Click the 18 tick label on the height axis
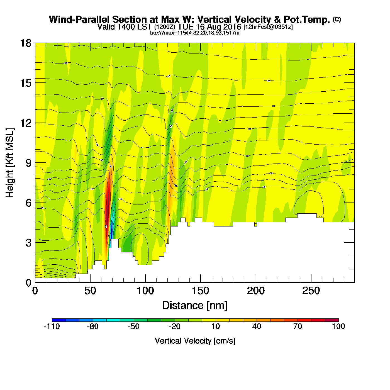[x=25, y=43]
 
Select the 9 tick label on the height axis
[x=28, y=163]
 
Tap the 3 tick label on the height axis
[x=28, y=243]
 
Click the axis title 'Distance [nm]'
[x=195, y=306]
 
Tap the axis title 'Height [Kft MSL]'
[x=10, y=163]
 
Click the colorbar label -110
[x=52, y=326]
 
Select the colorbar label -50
[x=134, y=326]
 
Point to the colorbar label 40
[x=257, y=326]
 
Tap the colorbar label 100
[x=338, y=326]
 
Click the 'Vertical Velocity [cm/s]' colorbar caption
[x=195, y=341]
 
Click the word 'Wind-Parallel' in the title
[x=80, y=19]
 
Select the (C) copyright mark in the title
[x=337, y=19]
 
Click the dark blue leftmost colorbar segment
[x=59, y=320]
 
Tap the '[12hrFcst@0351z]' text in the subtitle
[x=268, y=27]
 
